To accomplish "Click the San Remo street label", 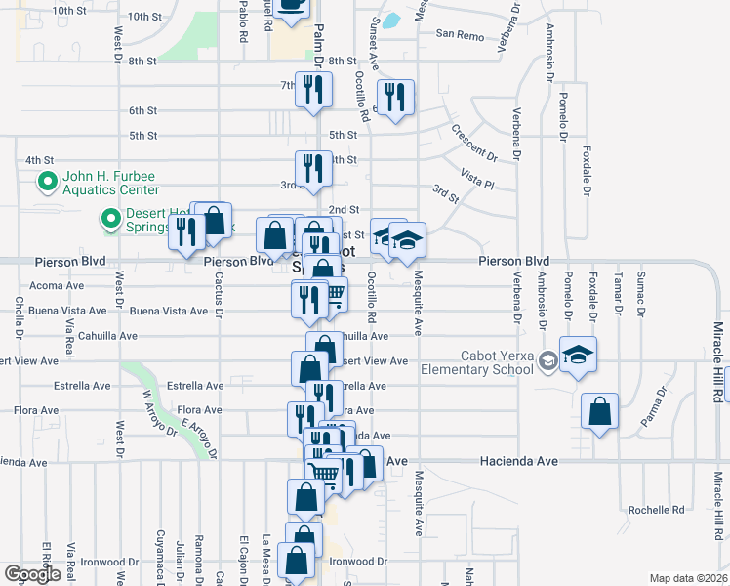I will [460, 34].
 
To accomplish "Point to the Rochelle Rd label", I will [656, 510].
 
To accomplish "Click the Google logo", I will [32, 573].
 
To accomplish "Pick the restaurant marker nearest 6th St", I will [394, 98].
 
